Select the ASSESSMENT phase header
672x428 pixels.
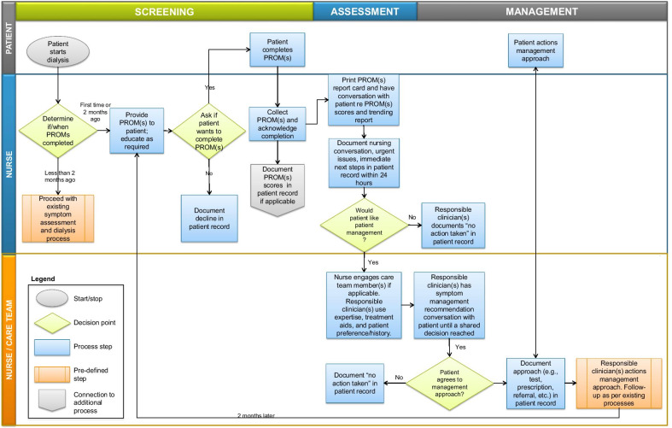365,11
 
